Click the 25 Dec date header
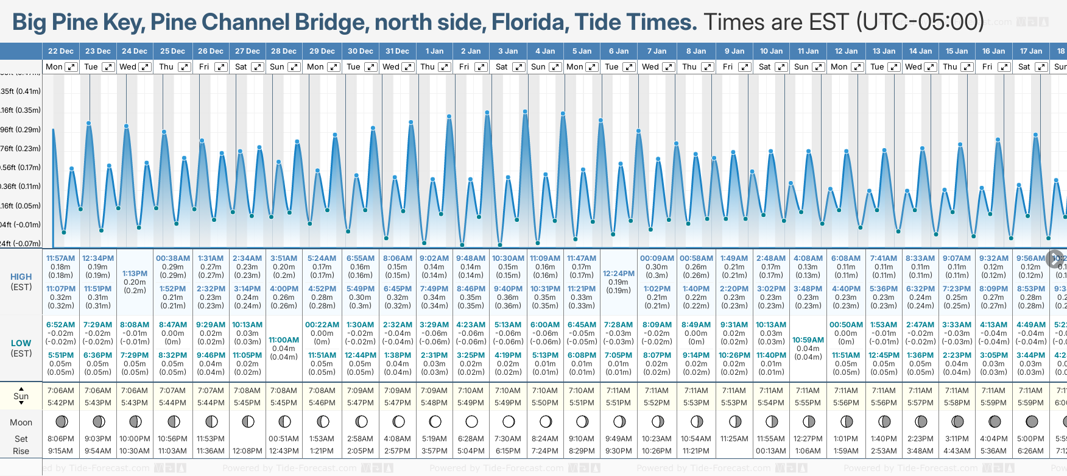click(x=172, y=51)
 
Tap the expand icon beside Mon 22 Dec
click(x=71, y=67)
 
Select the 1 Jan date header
click(x=434, y=51)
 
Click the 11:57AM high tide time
click(x=60, y=258)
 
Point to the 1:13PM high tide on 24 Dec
click(x=135, y=274)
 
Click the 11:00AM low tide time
click(x=284, y=340)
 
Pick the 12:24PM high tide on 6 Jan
click(x=618, y=274)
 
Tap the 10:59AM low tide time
click(x=808, y=340)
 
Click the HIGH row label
click(x=21, y=277)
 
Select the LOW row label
click(x=21, y=343)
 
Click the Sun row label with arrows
click(x=21, y=396)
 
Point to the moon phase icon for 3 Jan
click(x=509, y=421)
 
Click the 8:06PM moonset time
click(x=60, y=439)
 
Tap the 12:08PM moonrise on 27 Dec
click(x=247, y=451)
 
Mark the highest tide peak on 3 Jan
click(x=525, y=111)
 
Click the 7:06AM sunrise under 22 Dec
click(x=60, y=391)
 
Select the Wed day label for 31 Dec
click(x=391, y=67)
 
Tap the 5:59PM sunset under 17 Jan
click(x=1030, y=403)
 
